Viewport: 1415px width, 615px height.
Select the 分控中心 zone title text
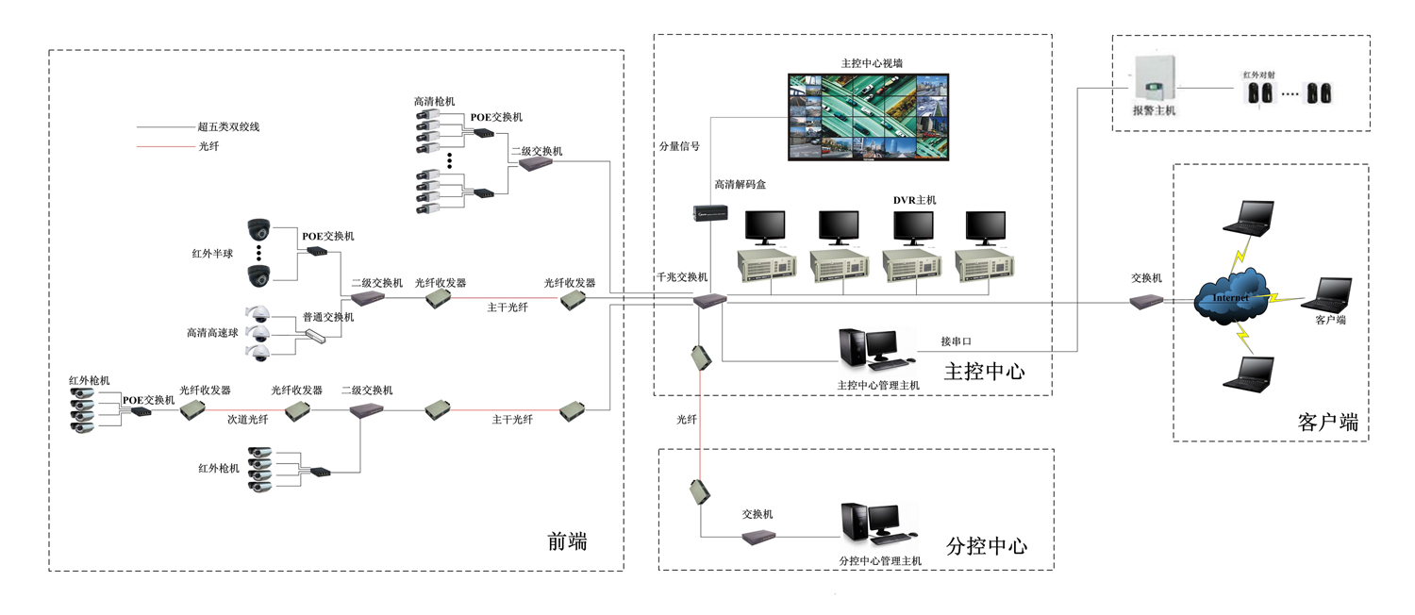[x=986, y=547]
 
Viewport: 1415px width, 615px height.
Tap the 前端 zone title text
[x=567, y=541]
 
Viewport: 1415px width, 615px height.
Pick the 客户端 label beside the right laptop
[x=1330, y=321]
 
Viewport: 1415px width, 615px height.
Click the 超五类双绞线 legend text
[x=228, y=126]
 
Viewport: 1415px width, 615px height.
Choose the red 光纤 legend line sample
[x=164, y=146]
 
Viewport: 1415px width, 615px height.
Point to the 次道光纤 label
[x=247, y=420]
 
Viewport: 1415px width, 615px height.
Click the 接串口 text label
[x=956, y=341]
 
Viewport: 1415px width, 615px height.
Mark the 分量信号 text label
[x=679, y=146]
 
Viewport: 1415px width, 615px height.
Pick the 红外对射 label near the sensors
[x=1257, y=73]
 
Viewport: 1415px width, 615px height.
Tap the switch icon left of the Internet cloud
[x=1146, y=301]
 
